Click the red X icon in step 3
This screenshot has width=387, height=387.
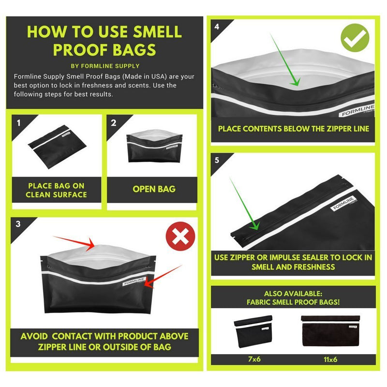point(180,236)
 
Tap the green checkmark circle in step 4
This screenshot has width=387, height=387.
point(355,38)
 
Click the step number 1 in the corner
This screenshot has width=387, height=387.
point(19,123)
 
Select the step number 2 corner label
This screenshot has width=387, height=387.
point(114,123)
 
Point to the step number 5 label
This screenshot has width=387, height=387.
point(217,160)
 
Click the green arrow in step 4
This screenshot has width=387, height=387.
point(285,60)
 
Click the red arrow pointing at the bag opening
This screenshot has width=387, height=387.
point(74,243)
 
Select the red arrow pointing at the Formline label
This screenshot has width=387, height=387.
point(163,277)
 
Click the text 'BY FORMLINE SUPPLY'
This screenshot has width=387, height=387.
point(105,66)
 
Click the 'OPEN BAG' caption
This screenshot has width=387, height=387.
point(154,189)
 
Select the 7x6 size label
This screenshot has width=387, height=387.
point(254,359)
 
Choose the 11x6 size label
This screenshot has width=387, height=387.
point(330,359)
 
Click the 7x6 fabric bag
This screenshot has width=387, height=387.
point(253,331)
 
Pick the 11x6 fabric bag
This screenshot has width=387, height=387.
point(330,330)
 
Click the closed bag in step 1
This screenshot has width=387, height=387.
point(57,147)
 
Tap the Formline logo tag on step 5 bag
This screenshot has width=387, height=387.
point(343,204)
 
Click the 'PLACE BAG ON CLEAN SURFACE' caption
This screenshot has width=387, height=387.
point(56,190)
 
